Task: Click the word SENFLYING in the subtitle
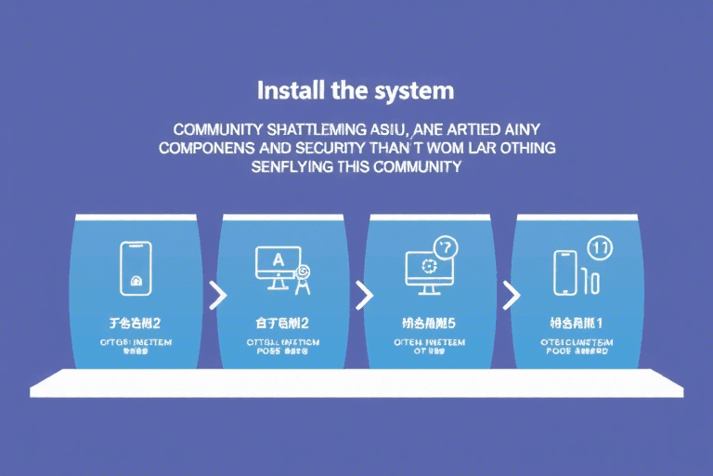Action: (294, 167)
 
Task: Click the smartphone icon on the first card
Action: (136, 268)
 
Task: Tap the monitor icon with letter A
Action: (278, 265)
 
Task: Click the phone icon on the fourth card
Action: (565, 271)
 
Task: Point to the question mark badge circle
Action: (447, 247)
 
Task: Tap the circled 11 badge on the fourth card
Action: (600, 247)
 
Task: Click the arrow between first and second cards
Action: (218, 296)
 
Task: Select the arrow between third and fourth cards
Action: (511, 296)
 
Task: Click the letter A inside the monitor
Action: (279, 259)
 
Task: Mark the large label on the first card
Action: (136, 324)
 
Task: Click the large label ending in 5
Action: (428, 324)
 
